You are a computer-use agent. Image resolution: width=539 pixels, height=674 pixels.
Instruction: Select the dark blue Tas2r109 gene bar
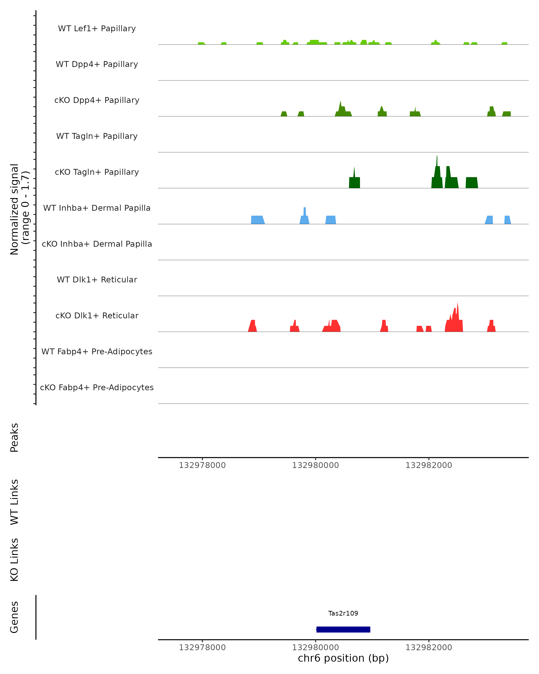343,630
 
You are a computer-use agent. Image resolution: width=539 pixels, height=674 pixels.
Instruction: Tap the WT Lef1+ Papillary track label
97,29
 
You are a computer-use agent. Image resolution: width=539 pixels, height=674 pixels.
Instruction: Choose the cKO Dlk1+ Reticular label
97,315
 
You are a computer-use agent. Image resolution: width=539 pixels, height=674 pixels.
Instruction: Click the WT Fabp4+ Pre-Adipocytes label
97,351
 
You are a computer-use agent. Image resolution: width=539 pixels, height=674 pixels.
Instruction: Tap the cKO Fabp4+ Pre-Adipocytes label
97,387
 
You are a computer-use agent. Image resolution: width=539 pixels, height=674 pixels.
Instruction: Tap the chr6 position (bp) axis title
343,658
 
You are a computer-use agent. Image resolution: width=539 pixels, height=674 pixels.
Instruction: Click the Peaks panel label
14,437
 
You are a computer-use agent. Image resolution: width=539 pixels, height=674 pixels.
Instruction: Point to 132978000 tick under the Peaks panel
202,465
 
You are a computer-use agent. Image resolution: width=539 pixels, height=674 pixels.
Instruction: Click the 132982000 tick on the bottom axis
429,647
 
